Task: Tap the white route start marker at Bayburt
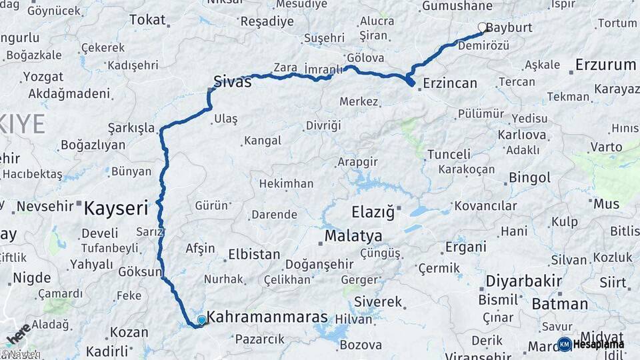tap(483, 27)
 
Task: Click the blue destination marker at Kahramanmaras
tap(201, 320)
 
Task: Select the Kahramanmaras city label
tap(267, 317)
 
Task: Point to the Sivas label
tap(233, 82)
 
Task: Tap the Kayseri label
tap(115, 209)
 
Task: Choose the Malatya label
tap(353, 236)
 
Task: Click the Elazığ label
tap(373, 213)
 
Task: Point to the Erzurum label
tap(605, 65)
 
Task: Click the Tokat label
tap(147, 20)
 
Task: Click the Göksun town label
tap(140, 272)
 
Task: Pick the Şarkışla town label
tap(131, 128)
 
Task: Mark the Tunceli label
tap(449, 154)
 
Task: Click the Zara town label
tap(285, 67)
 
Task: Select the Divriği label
tap(323, 125)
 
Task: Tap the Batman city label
tap(560, 304)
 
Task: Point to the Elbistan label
tap(254, 254)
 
